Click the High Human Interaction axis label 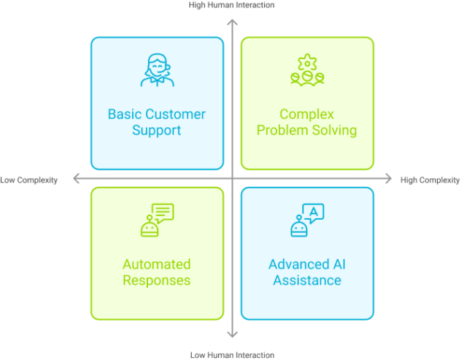(232, 4)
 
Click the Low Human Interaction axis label (232, 355)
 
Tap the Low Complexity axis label (29, 180)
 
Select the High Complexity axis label (431, 180)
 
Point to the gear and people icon (307, 70)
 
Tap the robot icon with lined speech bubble (157, 220)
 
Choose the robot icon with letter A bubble (307, 220)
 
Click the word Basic (126, 115)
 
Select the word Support (157, 131)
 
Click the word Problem (282, 131)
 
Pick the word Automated (157, 264)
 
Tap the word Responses (157, 280)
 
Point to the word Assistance (307, 280)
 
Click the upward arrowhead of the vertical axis (232, 22)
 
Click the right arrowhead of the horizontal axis (388, 178)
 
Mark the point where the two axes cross (232, 178)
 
